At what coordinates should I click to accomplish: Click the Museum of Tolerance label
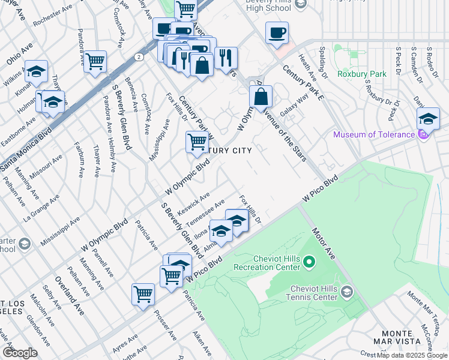tap(373, 134)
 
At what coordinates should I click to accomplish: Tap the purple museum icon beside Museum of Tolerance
tap(423, 134)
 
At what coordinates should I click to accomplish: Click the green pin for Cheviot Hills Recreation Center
tap(309, 262)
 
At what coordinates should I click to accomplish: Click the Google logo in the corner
tap(19, 352)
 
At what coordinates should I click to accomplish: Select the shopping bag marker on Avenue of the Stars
tap(261, 97)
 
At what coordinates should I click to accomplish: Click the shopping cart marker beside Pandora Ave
tap(95, 61)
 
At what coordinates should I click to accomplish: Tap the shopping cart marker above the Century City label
tap(197, 142)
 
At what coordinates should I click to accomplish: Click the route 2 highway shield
tap(139, 56)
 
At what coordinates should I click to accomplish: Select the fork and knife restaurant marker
tap(226, 58)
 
